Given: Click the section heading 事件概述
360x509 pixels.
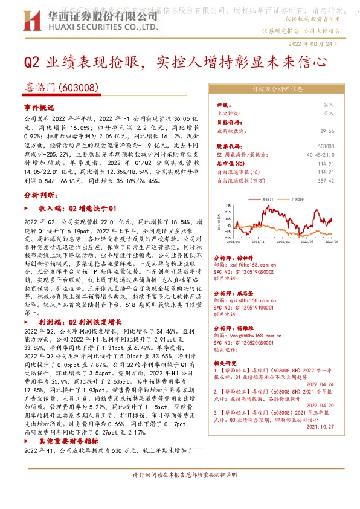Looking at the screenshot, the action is point(39,107).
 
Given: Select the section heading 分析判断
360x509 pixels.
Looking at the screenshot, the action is point(39,196).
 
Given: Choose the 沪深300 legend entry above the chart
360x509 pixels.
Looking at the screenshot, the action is point(297,198).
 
